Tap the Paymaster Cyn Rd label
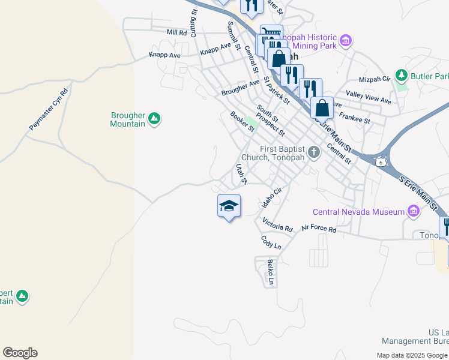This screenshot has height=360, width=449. (x=49, y=110)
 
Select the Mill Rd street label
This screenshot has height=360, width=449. (x=177, y=32)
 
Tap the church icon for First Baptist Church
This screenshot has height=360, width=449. (x=313, y=154)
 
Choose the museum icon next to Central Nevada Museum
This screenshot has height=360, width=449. (x=413, y=211)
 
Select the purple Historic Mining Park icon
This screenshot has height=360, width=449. (x=345, y=41)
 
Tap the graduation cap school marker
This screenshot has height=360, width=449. (x=229, y=206)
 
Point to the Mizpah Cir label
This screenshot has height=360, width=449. (x=375, y=79)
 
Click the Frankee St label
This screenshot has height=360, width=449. (x=355, y=117)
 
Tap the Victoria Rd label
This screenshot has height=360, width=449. (x=277, y=226)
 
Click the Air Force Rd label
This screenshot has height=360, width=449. (x=319, y=228)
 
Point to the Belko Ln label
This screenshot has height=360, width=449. (x=271, y=272)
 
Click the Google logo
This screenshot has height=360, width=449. (x=20, y=353)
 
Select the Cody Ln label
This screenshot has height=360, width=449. (x=271, y=242)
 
